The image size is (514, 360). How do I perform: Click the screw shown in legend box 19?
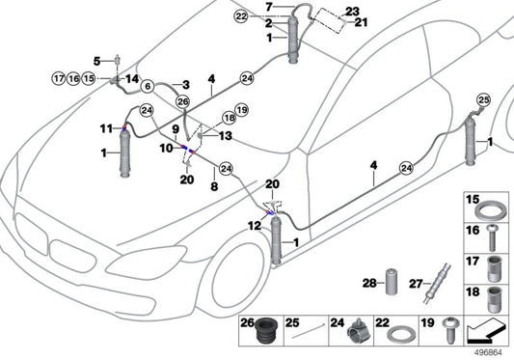[448, 334]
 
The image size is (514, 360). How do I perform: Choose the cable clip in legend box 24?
[355, 334]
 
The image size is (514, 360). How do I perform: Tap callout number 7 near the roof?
[271, 8]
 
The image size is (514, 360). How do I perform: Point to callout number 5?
[96, 60]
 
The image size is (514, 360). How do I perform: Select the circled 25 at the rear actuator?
[483, 99]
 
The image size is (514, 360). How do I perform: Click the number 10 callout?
[165, 148]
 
